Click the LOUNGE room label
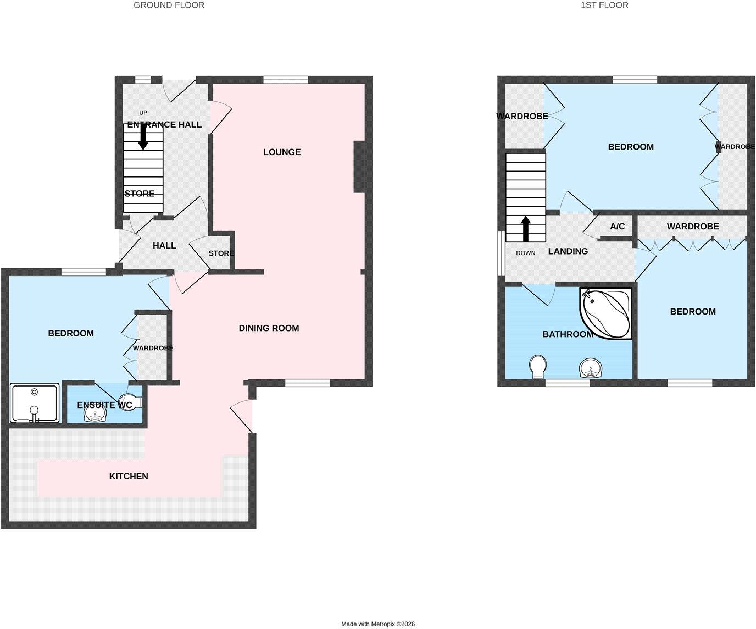(282, 152)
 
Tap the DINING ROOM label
(269, 328)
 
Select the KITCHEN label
(129, 476)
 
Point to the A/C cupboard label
(618, 226)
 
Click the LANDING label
(568, 251)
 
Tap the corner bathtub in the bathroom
(606, 314)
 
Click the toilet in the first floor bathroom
(538, 367)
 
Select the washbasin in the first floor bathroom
(591, 368)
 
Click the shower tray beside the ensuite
(35, 403)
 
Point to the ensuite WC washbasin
(95, 413)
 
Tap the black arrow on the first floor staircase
(526, 229)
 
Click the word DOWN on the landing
(525, 253)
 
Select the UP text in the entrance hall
(143, 113)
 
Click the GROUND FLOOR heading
(169, 5)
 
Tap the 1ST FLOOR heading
(604, 5)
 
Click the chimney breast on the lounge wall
(359, 167)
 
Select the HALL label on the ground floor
(164, 246)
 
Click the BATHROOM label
(568, 334)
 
